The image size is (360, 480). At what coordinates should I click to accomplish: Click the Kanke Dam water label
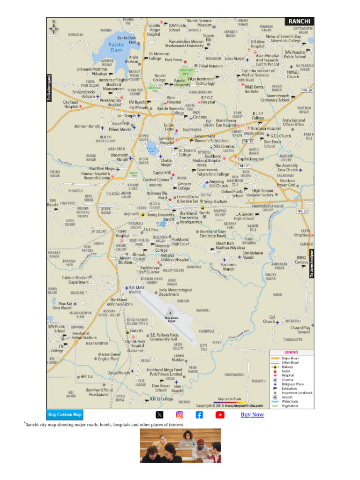click(x=116, y=47)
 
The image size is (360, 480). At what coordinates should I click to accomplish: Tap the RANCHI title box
click(x=299, y=22)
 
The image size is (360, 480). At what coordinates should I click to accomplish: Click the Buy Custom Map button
click(x=65, y=414)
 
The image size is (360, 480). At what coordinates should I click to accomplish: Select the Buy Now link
click(x=252, y=414)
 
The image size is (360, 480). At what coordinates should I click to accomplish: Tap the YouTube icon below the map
click(x=220, y=414)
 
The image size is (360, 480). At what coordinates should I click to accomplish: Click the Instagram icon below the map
click(x=180, y=414)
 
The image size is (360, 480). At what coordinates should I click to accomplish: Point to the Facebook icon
click(x=199, y=414)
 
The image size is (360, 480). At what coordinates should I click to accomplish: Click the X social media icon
click(x=159, y=414)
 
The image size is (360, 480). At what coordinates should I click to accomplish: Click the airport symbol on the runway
click(x=170, y=312)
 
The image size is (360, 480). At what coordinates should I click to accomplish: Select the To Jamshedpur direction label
click(x=312, y=263)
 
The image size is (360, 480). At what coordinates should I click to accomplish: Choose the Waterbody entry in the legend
click(x=291, y=401)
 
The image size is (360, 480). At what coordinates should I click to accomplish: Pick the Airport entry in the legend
click(x=288, y=397)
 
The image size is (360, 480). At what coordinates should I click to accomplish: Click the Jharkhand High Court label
click(x=180, y=241)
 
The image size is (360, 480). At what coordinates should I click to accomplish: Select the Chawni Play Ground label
click(x=300, y=330)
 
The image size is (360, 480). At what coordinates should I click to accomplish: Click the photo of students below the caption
click(x=180, y=445)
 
